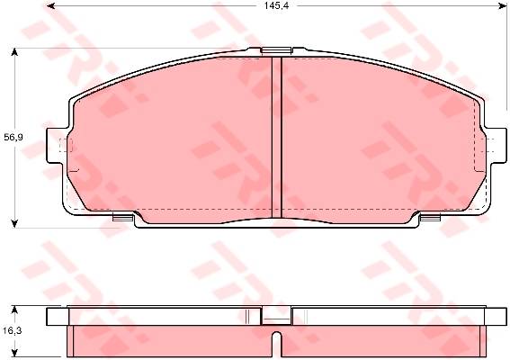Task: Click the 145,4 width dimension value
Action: point(276,5)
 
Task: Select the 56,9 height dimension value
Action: point(13,138)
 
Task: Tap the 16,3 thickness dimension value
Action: point(13,330)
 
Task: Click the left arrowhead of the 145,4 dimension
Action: point(50,5)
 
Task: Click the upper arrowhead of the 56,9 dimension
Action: point(14,52)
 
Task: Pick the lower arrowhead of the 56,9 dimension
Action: point(14,223)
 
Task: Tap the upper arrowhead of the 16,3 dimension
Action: point(14,310)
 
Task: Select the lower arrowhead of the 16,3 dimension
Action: point(14,352)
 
